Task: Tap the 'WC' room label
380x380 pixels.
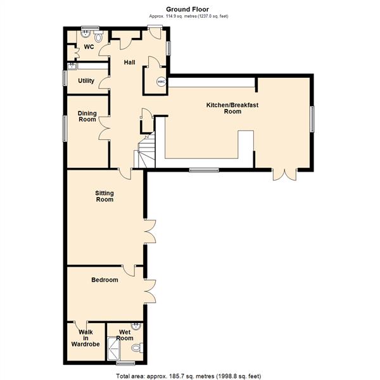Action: click(x=89, y=47)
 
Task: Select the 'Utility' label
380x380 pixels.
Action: click(x=86, y=80)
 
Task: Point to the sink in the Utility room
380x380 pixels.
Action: click(x=72, y=65)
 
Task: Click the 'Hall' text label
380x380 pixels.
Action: click(x=129, y=62)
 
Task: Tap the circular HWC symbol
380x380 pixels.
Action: click(x=161, y=81)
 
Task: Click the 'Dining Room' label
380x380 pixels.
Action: click(x=87, y=116)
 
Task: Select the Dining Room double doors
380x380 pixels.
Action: click(x=105, y=130)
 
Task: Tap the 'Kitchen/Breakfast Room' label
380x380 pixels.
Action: click(x=224, y=107)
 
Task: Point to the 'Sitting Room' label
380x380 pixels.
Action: click(x=104, y=196)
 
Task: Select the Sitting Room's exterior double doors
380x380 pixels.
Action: click(x=151, y=231)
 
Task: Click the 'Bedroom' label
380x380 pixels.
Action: click(x=104, y=279)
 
